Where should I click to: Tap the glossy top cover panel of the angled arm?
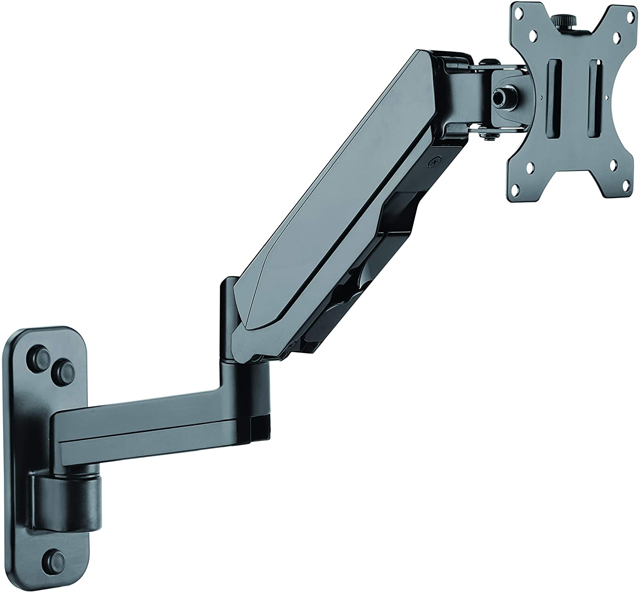341,183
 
